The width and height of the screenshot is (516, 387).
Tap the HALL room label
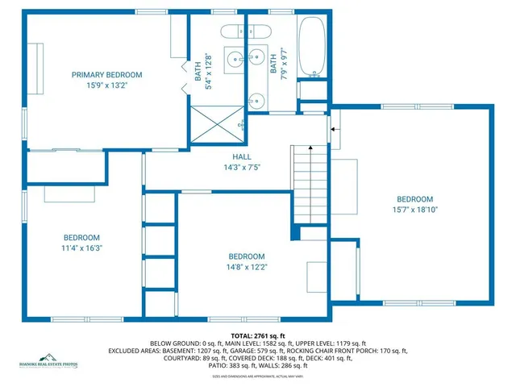242,157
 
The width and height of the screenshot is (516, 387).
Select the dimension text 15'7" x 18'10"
414,210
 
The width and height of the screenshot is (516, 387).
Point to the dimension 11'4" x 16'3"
81,248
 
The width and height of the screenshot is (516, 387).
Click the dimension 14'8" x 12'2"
247,267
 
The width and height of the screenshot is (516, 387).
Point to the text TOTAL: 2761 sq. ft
257,335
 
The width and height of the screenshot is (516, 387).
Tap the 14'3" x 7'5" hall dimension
242,168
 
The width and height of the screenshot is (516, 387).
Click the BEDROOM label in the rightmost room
414,199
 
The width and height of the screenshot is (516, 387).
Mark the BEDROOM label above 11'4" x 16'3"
81,237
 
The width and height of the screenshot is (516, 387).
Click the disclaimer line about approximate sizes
257,376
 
